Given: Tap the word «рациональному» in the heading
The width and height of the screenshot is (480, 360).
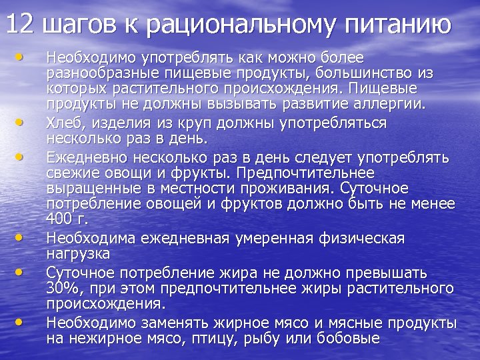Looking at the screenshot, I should coord(223,25).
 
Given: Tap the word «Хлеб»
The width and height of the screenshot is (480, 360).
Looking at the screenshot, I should coord(63,123).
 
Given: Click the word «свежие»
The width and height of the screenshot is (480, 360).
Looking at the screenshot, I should coord(67,172).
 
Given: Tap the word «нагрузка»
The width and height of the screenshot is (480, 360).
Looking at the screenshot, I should coord(78,254).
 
